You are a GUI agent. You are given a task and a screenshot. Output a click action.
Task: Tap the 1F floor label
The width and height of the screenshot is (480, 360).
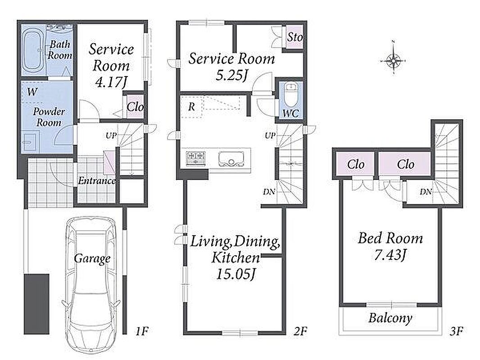coord(142,331)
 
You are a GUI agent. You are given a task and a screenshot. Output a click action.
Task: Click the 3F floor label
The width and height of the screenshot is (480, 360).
coord(456,331)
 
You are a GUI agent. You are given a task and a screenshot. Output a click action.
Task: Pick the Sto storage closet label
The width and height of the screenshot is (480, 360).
coord(295,37)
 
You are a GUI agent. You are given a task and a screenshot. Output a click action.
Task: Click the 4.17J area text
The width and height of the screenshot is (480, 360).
coord(111,82)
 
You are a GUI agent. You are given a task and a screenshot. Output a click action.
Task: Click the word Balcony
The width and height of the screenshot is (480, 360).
coord(390,318)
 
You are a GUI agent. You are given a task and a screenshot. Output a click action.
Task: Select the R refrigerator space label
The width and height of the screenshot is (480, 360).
coord(192,107)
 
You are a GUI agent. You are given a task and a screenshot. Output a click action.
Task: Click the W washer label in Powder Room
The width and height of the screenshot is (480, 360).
coord(32,91)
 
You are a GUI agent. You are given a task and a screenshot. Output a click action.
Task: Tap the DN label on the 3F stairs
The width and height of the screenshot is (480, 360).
coord(426,192)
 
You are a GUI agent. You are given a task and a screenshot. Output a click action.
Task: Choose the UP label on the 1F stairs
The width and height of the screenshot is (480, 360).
coord(111,135)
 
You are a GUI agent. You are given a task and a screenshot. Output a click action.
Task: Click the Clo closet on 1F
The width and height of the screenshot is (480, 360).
coord(135,107)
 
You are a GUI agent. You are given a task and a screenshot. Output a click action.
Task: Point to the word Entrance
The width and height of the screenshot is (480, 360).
coord(97,180)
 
